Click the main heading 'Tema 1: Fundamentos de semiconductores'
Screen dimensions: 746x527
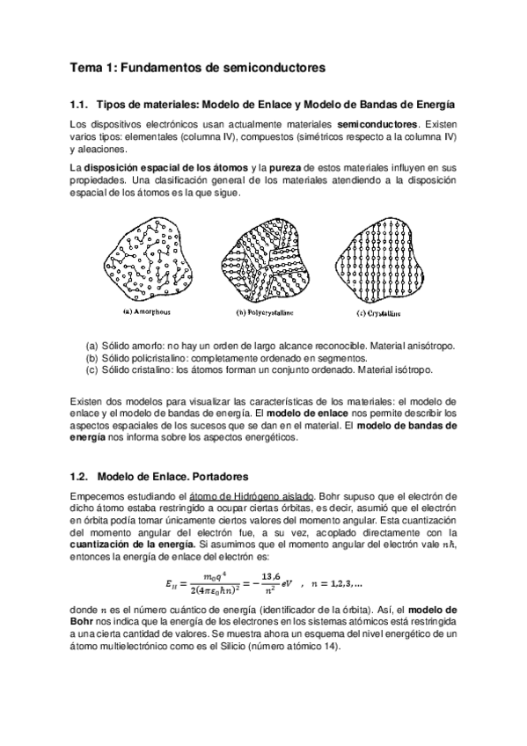click(197, 65)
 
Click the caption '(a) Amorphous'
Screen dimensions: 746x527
click(147, 311)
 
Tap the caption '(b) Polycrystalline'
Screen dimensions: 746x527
click(265, 311)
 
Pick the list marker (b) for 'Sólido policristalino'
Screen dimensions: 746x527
click(92, 358)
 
